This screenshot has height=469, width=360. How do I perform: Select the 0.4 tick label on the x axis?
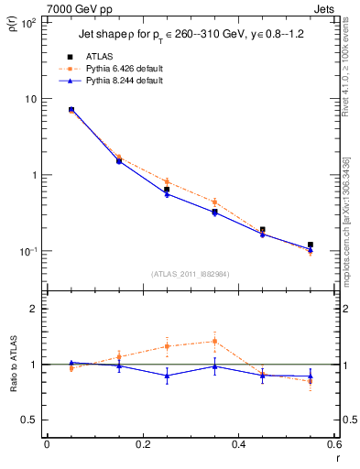pyautogui.click(x=238, y=444)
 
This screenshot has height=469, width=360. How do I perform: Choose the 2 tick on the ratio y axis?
pyautogui.click(x=35, y=309)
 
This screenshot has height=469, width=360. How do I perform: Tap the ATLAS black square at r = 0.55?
pyautogui.click(x=311, y=245)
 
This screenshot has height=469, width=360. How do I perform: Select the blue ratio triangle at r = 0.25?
pyautogui.click(x=167, y=376)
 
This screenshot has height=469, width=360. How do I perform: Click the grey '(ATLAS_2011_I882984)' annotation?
pyautogui.click(x=189, y=274)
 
